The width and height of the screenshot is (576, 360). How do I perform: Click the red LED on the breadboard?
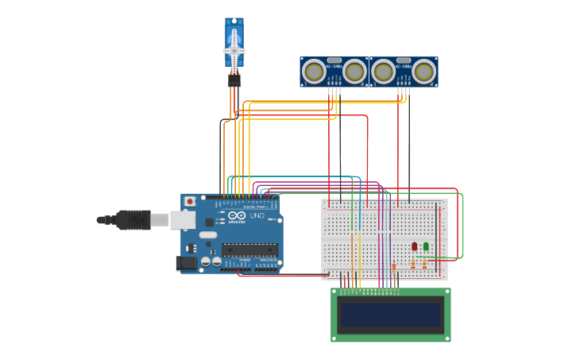pyautogui.click(x=414, y=246)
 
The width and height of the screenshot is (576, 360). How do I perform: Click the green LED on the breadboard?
pyautogui.click(x=426, y=246)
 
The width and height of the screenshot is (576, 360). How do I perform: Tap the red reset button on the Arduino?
pyautogui.click(x=190, y=202)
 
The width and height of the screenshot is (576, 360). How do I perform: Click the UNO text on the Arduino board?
pyautogui.click(x=257, y=216)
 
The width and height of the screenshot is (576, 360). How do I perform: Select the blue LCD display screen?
pyautogui.click(x=390, y=315)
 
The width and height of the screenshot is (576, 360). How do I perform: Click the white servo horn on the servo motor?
pyautogui.click(x=234, y=50)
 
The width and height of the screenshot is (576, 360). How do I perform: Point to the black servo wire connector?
pyautogui.click(x=234, y=80)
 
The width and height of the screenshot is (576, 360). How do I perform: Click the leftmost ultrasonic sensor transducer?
pyautogui.click(x=315, y=72)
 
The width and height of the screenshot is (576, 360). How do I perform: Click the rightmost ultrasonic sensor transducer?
pyautogui.click(x=424, y=72)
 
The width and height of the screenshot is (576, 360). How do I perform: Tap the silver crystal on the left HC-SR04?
pyautogui.click(x=334, y=60)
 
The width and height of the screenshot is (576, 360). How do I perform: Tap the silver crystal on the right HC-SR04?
pyautogui.click(x=404, y=60)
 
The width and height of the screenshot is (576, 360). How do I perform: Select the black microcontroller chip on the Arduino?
pyautogui.click(x=250, y=249)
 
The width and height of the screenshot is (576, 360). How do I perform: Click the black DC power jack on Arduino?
pyautogui.click(x=187, y=262)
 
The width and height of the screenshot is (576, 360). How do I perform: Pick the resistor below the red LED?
pyautogui.click(x=413, y=264)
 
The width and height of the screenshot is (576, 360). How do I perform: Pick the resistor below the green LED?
pyautogui.click(x=424, y=264)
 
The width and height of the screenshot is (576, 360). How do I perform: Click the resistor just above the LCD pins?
pyautogui.click(x=394, y=266)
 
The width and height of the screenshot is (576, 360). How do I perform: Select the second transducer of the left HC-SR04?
pyautogui.click(x=354, y=72)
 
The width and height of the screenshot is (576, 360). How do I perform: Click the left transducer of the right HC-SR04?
pyautogui.click(x=384, y=72)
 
